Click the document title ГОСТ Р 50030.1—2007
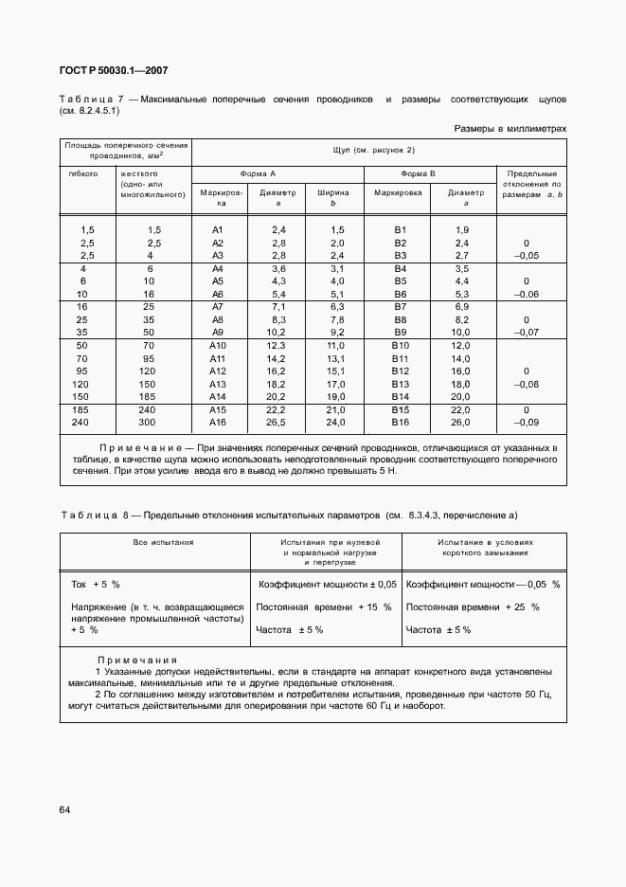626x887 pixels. point(115,70)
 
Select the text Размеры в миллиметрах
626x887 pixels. point(510,127)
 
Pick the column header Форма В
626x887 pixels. point(418,174)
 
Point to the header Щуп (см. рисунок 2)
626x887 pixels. point(374,151)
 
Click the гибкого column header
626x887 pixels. point(83,174)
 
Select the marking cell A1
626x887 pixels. point(217,230)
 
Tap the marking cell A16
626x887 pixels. point(219,423)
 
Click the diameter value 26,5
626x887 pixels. point(277,423)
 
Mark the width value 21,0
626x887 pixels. point(336,409)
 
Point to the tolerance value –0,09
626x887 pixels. point(525,423)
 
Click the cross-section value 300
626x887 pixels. point(150,423)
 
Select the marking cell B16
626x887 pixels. point(400,423)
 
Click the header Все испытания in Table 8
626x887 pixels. point(156,542)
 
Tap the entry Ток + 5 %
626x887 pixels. point(96,585)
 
